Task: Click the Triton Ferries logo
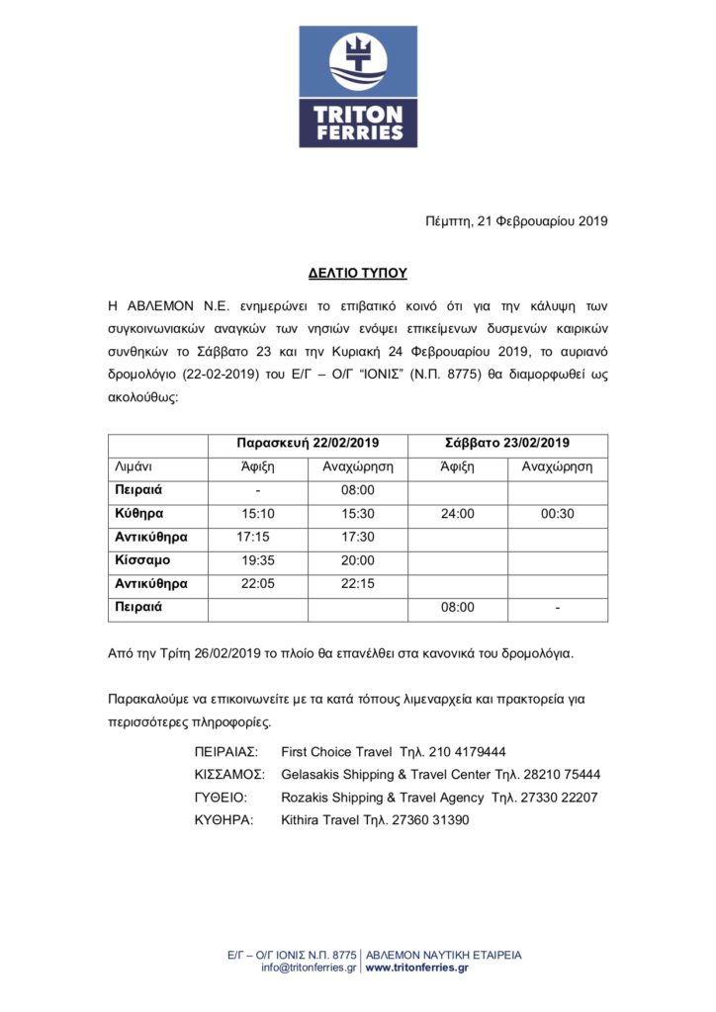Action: tap(358, 87)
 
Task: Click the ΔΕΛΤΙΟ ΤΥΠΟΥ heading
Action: tap(357, 272)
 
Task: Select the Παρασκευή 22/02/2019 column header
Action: tap(308, 444)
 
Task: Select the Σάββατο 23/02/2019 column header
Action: tap(507, 444)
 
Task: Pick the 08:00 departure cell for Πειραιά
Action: tap(357, 490)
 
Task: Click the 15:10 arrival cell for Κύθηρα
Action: tap(258, 514)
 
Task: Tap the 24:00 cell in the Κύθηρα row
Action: tap(458, 514)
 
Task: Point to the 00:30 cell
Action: tap(557, 514)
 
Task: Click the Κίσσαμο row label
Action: tap(143, 560)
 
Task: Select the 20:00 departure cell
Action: tap(357, 560)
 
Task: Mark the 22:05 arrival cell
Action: tap(258, 584)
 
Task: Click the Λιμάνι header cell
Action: tap(134, 466)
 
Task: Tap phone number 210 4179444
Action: tap(468, 752)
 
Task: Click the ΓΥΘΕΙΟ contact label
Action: tap(221, 798)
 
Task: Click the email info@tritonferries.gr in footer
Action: tap(309, 969)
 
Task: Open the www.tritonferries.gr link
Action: tap(417, 969)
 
